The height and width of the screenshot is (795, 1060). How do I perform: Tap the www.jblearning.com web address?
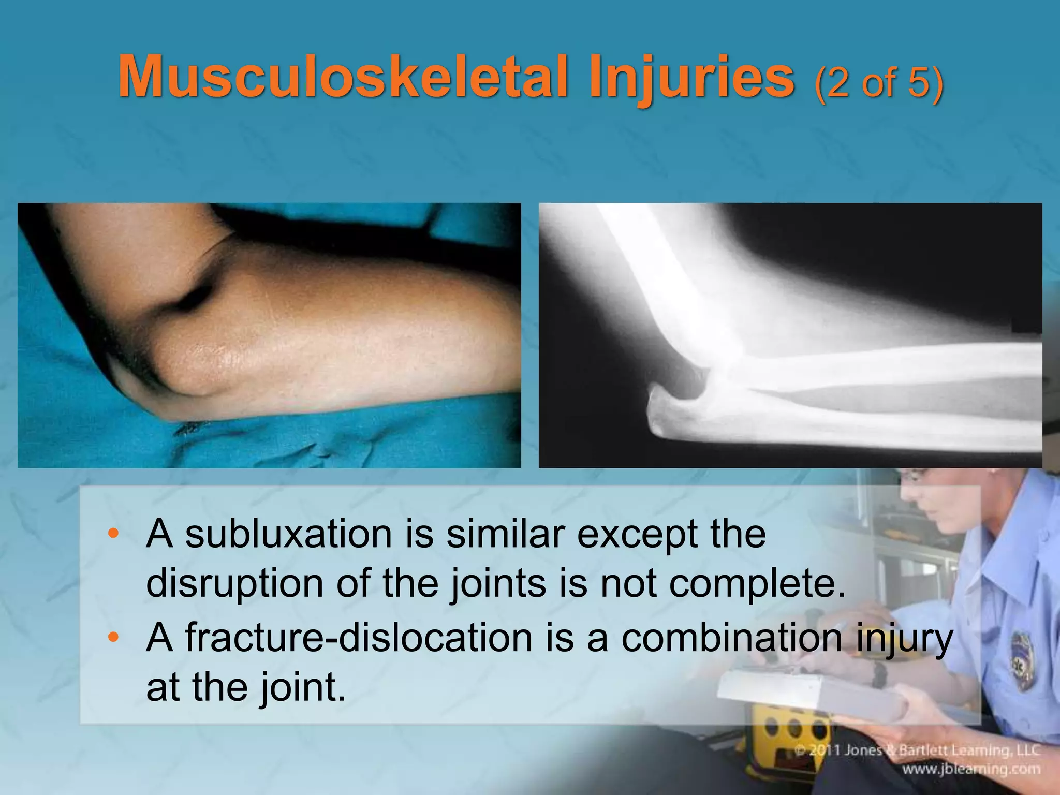978,770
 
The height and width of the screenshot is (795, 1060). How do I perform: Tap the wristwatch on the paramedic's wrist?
879,673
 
